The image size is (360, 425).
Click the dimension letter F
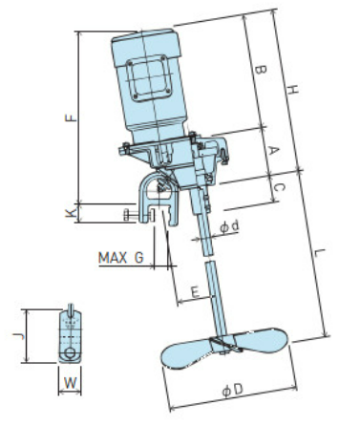pos(72,117)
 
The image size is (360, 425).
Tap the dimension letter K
pos(71,213)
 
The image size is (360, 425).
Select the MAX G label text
pos(121,258)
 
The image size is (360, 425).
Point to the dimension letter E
pos(195,291)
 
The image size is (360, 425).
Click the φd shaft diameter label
pos(229,226)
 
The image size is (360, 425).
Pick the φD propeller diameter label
pos(233,390)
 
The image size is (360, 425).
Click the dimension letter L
pos(319,253)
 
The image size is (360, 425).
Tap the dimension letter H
pos(292,90)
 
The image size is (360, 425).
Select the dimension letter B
pos(261,70)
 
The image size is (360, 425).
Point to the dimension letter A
pos(273,150)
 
